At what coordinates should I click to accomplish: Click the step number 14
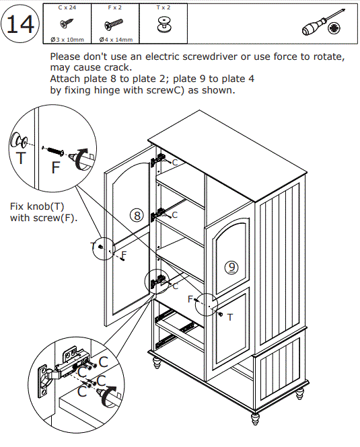(x=20, y=24)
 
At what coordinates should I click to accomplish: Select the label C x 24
(x=67, y=7)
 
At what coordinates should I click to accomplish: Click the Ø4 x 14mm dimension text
(x=116, y=40)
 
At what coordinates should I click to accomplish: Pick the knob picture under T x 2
(x=164, y=24)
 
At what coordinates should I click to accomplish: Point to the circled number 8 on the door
(x=137, y=215)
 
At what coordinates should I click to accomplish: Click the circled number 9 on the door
(x=231, y=267)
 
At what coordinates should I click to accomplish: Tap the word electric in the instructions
(x=162, y=56)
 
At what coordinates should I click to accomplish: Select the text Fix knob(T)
(x=37, y=206)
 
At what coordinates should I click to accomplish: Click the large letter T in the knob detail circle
(x=21, y=158)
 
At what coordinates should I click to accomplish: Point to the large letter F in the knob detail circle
(x=56, y=167)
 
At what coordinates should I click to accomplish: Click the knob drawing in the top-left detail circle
(x=18, y=140)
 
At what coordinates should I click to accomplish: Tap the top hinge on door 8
(x=158, y=160)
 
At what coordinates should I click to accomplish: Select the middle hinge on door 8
(x=158, y=214)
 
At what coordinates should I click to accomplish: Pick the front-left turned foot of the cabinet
(x=157, y=362)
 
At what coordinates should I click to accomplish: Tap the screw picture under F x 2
(x=113, y=24)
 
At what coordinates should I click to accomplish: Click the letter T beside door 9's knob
(x=230, y=317)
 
